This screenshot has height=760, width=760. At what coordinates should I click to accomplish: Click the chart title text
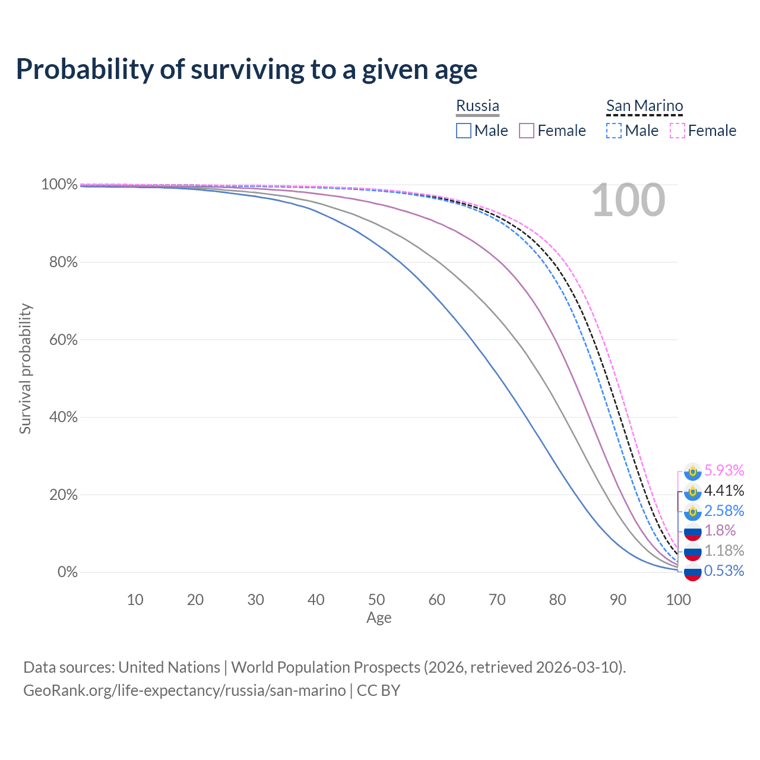pyautogui.click(x=246, y=69)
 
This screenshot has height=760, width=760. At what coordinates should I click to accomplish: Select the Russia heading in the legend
pyautogui.click(x=477, y=106)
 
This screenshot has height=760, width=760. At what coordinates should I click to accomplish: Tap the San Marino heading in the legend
pyautogui.click(x=644, y=106)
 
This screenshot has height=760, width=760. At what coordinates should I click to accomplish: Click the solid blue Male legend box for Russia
pyautogui.click(x=464, y=131)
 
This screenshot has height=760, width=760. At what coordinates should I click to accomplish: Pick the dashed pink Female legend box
pyautogui.click(x=677, y=131)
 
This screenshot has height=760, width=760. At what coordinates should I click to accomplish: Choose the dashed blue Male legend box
pyautogui.click(x=614, y=131)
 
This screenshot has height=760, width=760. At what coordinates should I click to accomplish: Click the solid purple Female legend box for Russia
pyautogui.click(x=527, y=131)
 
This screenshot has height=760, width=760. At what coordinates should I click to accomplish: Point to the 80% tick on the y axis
pyautogui.click(x=64, y=262)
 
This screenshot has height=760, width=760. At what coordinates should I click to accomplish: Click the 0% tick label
pyautogui.click(x=67, y=572)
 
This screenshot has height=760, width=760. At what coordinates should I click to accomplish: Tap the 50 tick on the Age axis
pyautogui.click(x=376, y=600)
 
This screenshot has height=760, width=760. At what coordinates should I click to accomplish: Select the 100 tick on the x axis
pyautogui.click(x=678, y=600)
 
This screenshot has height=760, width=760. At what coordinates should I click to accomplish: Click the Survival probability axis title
pyautogui.click(x=25, y=369)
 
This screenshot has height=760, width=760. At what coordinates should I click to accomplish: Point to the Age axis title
pyautogui.click(x=379, y=618)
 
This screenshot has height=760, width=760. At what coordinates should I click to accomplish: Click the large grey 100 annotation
pyautogui.click(x=628, y=201)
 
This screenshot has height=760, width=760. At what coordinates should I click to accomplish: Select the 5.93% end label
pyautogui.click(x=724, y=470)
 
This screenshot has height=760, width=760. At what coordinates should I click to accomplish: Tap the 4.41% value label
pyautogui.click(x=724, y=490)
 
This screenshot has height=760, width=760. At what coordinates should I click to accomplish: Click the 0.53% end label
pyautogui.click(x=724, y=571)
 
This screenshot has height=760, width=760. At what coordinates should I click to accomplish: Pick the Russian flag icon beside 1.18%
pyautogui.click(x=692, y=552)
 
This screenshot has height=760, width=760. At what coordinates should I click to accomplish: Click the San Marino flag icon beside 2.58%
pyautogui.click(x=692, y=511)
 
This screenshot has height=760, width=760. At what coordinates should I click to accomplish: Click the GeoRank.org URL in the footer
pyautogui.click(x=185, y=691)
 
